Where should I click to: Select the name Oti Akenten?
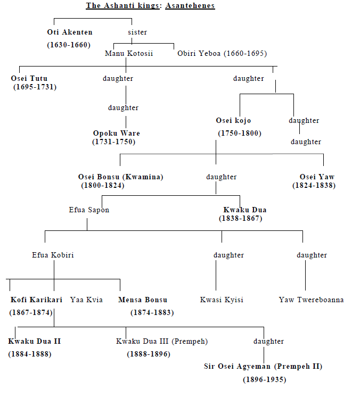pyautogui.click(x=70, y=32)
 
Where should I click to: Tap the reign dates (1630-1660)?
pyautogui.click(x=69, y=45)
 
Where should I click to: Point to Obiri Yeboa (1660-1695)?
pyautogui.click(x=222, y=53)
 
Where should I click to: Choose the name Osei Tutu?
pyautogui.click(x=29, y=78)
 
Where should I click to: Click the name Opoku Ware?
pyautogui.click(x=117, y=133)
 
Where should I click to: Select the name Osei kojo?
pyautogui.click(x=233, y=120)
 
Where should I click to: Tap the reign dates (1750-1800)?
pyautogui.click(x=240, y=133)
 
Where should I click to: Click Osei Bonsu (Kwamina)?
pyautogui.click(x=120, y=177)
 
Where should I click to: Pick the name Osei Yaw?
pyautogui.click(x=317, y=177)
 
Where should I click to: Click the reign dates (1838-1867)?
pyautogui.click(x=240, y=218)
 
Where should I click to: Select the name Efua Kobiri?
pyautogui.click(x=53, y=255)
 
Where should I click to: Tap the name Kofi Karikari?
pyautogui.click(x=36, y=300)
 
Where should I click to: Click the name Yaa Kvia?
pyautogui.click(x=87, y=300)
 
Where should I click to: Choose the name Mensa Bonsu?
pyautogui.click(x=143, y=300)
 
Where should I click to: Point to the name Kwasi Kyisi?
pyautogui.click(x=222, y=300)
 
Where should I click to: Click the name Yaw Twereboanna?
pyautogui.click(x=311, y=300)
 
